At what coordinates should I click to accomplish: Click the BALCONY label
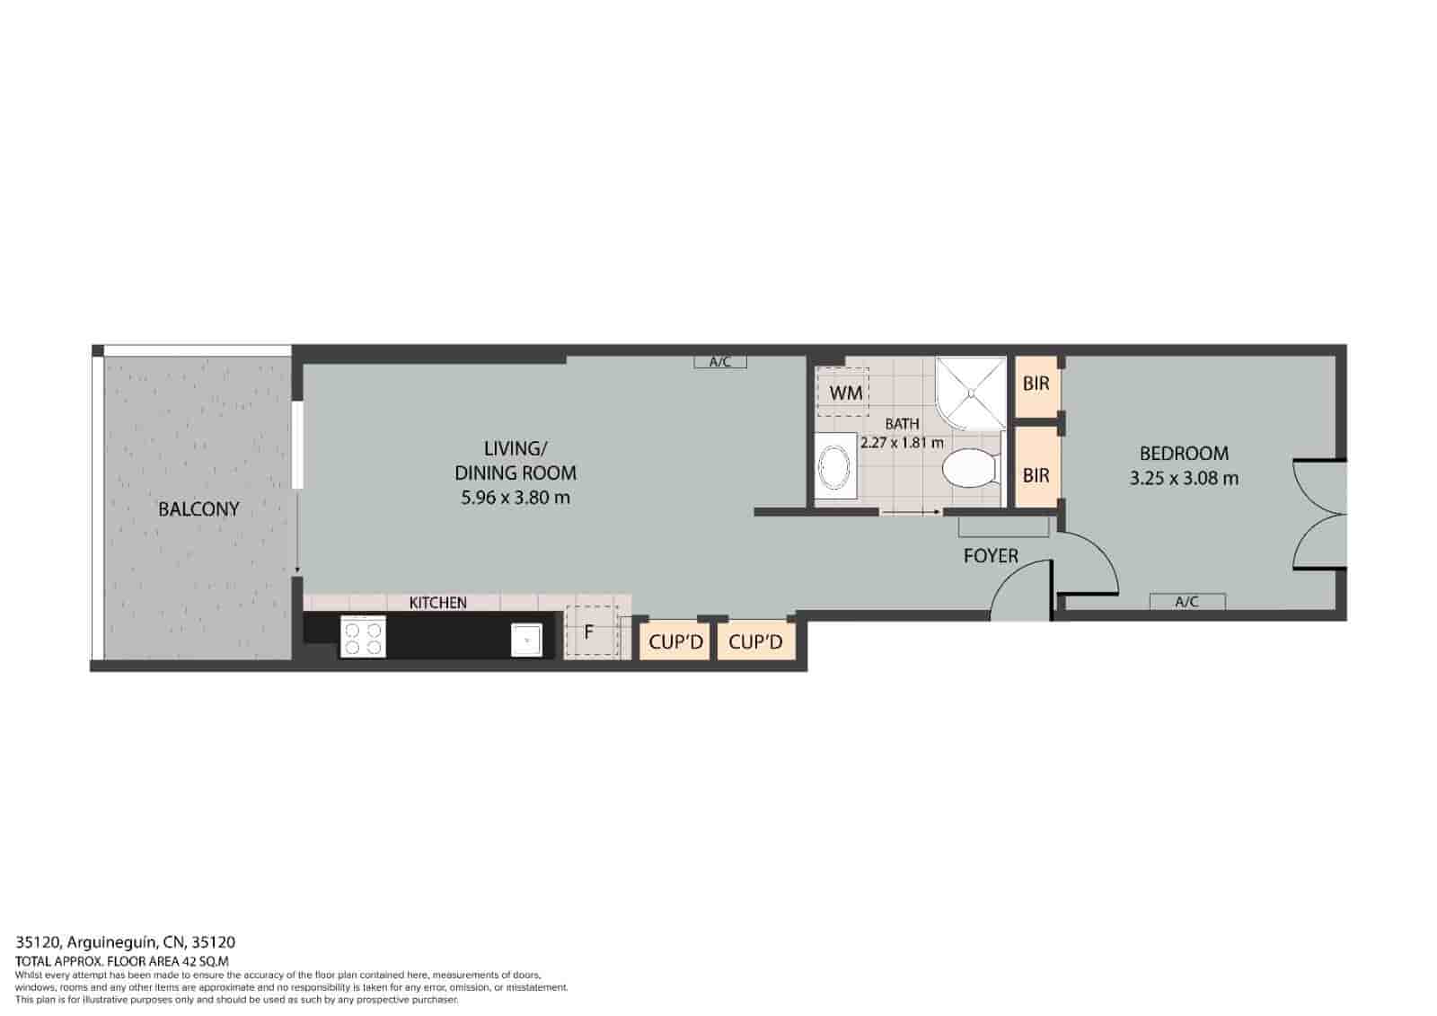(198, 508)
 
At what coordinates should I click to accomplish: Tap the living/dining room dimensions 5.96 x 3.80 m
(516, 497)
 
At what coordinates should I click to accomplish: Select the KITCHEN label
(437, 603)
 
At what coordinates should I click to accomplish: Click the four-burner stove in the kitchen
(363, 638)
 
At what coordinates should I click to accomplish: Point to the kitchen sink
(525, 640)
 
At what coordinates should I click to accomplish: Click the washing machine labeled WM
(844, 393)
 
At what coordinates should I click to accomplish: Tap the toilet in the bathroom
(971, 468)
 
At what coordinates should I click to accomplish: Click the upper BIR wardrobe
(1036, 384)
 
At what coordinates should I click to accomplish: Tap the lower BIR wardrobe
(1036, 474)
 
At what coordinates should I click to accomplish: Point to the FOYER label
(991, 556)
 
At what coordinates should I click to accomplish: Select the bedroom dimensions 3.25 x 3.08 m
(1184, 478)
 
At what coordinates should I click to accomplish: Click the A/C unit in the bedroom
(1186, 602)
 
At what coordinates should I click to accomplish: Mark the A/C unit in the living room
(720, 362)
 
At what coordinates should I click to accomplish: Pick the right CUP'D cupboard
(755, 642)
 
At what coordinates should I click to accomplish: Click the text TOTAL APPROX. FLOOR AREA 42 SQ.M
(122, 960)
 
